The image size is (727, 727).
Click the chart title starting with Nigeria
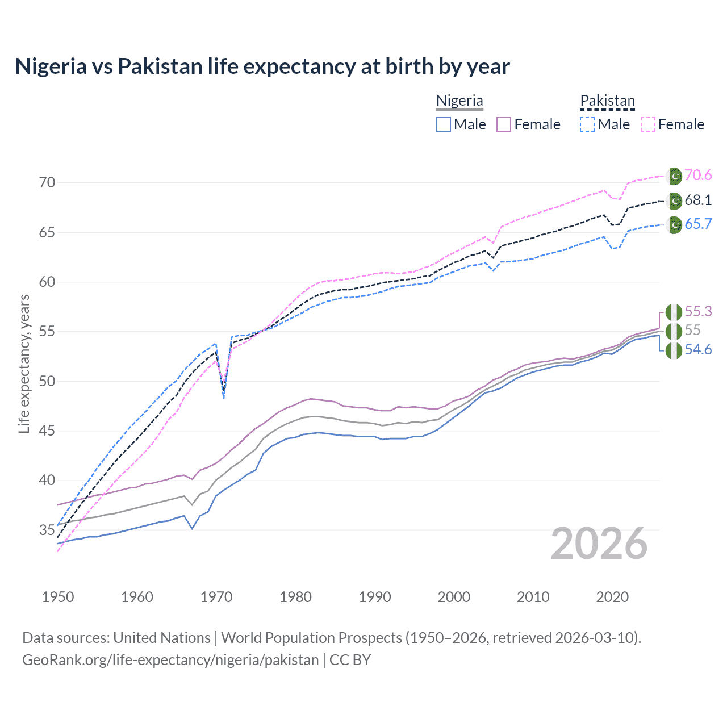(262, 66)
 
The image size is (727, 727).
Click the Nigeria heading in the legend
(459, 101)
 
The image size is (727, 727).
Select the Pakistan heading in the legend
(607, 101)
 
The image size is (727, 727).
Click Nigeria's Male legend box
(444, 124)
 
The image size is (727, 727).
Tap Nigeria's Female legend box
(504, 124)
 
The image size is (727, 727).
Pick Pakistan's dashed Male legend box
(587, 124)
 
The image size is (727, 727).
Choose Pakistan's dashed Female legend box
(648, 124)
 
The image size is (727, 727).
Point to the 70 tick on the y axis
(47, 183)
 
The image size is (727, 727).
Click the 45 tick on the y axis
(47, 431)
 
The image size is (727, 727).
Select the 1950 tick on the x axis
(58, 597)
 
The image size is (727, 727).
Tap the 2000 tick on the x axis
(454, 597)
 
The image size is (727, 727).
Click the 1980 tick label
(295, 597)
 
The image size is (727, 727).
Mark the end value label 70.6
(698, 176)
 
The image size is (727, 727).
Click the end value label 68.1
(698, 200)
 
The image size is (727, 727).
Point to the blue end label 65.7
(698, 224)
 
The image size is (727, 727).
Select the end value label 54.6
(698, 350)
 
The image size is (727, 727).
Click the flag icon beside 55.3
(674, 312)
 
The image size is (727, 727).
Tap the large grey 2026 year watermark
(599, 544)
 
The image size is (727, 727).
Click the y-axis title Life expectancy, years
(24, 363)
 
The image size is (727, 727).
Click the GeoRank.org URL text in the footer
(170, 660)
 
